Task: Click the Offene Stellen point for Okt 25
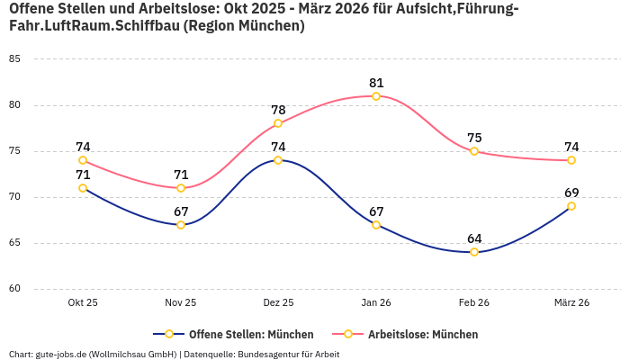pyautogui.click(x=83, y=188)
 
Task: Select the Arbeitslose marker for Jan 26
pyautogui.click(x=376, y=96)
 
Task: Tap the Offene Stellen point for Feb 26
pyautogui.click(x=474, y=252)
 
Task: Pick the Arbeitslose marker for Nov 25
pyautogui.click(x=181, y=188)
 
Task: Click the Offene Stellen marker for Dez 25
pyautogui.click(x=278, y=160)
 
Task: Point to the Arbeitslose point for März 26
pyautogui.click(x=571, y=160)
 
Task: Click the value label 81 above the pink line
pyautogui.click(x=376, y=83)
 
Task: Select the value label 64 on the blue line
pyautogui.click(x=474, y=238)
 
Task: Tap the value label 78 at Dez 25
pyautogui.click(x=278, y=110)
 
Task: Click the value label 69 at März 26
pyautogui.click(x=571, y=193)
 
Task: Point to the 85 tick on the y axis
pyautogui.click(x=14, y=59)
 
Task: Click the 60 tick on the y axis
pyautogui.click(x=14, y=289)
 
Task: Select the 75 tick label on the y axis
pyautogui.click(x=14, y=151)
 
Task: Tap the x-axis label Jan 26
pyautogui.click(x=376, y=303)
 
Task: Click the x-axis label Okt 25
pyautogui.click(x=83, y=303)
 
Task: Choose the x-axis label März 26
pyautogui.click(x=571, y=303)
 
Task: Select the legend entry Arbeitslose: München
pyautogui.click(x=423, y=334)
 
